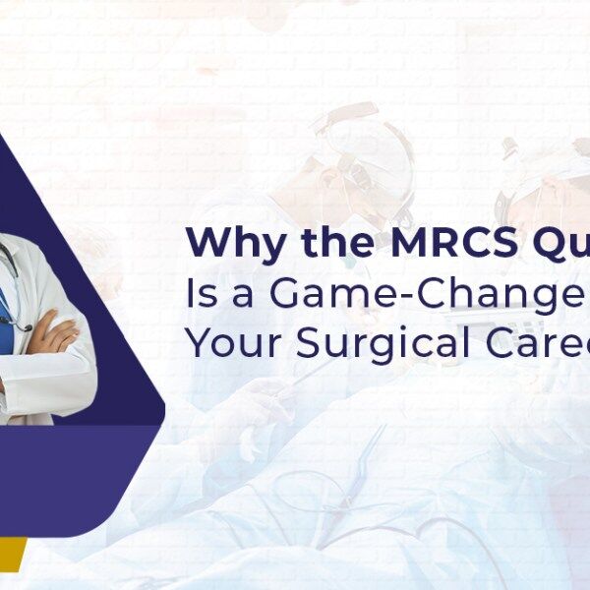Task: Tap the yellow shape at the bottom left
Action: click(x=10, y=556)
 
